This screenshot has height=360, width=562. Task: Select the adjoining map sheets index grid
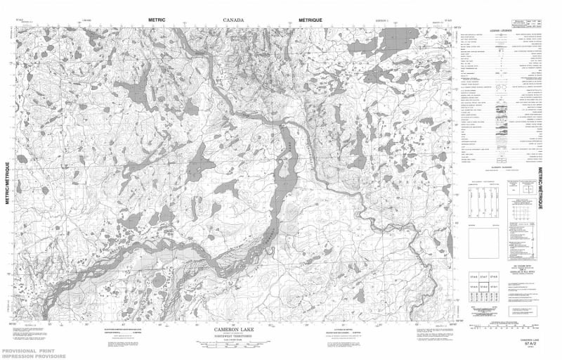point(485,283)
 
